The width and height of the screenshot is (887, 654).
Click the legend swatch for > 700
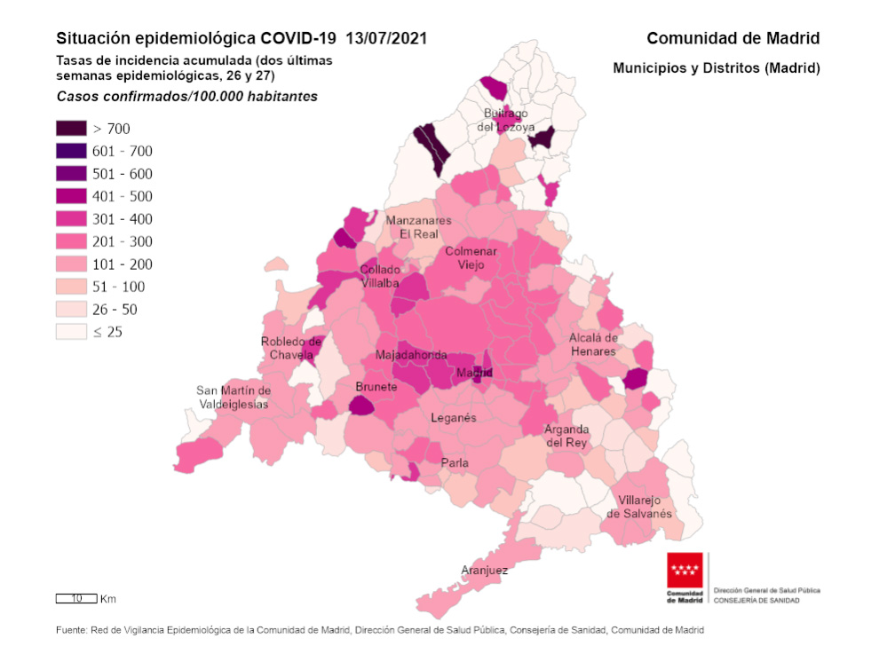point(71,129)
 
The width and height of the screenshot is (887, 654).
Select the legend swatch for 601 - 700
point(71,151)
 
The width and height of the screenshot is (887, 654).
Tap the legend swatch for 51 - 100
point(71,287)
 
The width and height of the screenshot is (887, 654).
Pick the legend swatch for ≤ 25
point(71,332)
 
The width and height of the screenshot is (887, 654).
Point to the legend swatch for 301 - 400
point(71,219)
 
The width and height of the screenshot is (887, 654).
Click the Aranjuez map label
point(485,571)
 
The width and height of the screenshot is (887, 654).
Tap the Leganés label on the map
point(453,417)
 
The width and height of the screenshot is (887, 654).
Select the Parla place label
point(455,463)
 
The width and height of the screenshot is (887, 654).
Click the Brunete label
point(376,387)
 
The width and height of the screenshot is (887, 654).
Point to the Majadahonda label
point(411,355)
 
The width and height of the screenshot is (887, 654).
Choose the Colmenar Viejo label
point(471,258)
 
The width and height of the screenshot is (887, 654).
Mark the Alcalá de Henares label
point(593,344)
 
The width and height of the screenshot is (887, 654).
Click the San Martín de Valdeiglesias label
point(234,397)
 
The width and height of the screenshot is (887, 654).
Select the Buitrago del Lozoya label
point(507,120)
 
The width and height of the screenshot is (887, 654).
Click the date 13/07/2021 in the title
point(386,38)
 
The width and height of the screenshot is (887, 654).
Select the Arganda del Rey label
point(566,436)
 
